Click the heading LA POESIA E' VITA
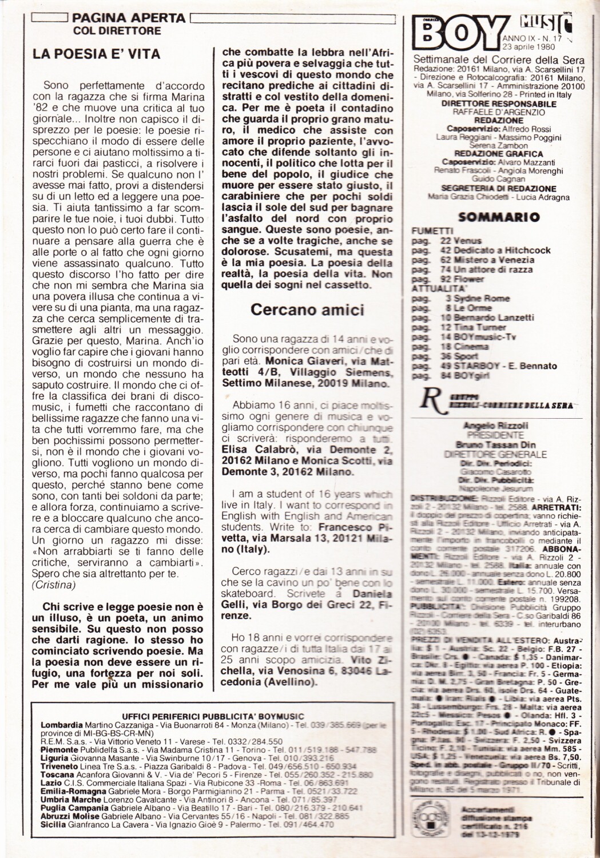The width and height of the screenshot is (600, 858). [x=96, y=54]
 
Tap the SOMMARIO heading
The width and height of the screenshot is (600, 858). [x=499, y=217]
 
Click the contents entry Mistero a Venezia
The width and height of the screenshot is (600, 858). [x=487, y=260]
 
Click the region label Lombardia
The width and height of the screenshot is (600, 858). [x=60, y=725]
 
